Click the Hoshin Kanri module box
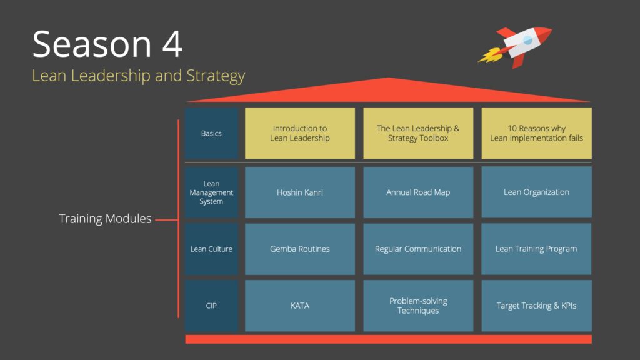[x=300, y=192]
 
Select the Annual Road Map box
[x=418, y=192]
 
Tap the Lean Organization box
[x=536, y=192]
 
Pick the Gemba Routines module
[x=300, y=249]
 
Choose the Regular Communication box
[x=418, y=249]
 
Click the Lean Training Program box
[x=536, y=249]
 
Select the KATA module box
[x=300, y=306]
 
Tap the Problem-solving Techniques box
[x=418, y=306]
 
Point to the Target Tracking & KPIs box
[x=536, y=306]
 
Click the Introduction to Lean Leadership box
[x=300, y=133]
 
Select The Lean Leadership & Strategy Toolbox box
[x=418, y=133]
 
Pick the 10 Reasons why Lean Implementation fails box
[x=536, y=133]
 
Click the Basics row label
[x=211, y=133]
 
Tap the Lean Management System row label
[x=211, y=192]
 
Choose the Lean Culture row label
[x=211, y=249]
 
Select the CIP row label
[x=211, y=306]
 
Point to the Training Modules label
[x=105, y=219]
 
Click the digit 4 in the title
[x=172, y=44]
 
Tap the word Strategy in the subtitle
[x=216, y=76]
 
